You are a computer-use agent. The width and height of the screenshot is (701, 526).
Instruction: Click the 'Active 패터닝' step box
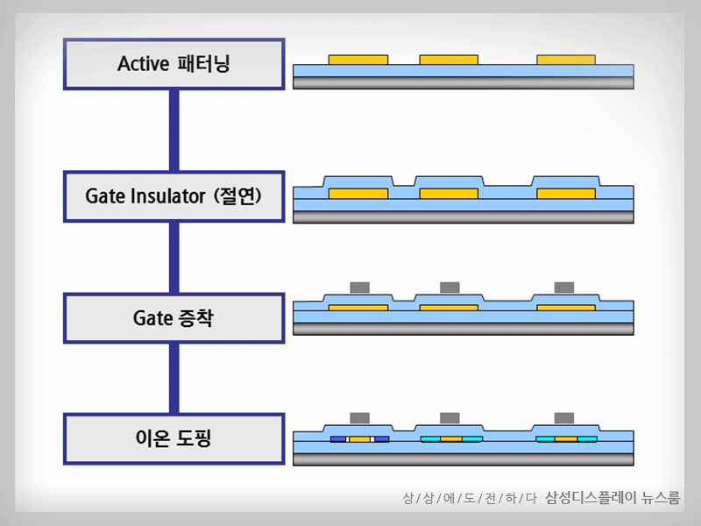174,64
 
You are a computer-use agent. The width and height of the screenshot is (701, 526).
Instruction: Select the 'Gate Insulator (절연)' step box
174,196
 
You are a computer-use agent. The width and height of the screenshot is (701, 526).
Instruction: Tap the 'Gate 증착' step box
174,317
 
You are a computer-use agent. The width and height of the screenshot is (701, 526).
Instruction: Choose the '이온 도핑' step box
174,438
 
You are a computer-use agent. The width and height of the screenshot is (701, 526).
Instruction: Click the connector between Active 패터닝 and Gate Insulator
174,130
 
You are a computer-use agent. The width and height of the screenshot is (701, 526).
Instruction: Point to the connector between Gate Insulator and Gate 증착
174,257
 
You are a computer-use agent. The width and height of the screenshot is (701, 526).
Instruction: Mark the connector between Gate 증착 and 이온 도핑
174,378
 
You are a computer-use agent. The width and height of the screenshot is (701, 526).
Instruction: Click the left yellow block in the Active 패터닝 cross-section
358,60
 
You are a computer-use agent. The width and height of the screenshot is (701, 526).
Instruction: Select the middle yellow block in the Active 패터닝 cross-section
449,60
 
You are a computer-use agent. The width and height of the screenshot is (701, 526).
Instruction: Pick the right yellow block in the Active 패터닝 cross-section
566,60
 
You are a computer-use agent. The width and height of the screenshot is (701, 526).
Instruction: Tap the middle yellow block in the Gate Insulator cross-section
449,193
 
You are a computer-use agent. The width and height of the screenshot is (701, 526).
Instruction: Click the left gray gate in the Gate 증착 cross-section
359,287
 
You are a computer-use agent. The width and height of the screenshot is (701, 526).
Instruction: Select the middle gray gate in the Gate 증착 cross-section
450,287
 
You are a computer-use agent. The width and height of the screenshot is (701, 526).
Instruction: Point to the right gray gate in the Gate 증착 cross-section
564,287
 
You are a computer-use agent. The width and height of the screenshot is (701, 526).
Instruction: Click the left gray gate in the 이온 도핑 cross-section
359,417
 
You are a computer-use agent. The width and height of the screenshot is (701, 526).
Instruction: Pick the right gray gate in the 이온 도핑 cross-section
564,417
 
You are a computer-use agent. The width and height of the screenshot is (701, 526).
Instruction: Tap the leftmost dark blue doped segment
338,438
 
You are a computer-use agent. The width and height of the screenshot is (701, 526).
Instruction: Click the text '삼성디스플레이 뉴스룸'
612,498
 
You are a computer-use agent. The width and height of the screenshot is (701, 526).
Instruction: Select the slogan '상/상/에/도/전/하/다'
469,499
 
